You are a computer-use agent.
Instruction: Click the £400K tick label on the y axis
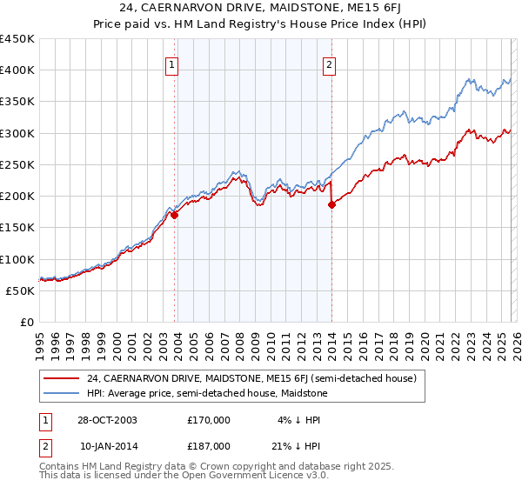point(17,70)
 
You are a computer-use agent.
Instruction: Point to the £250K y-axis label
point(17,164)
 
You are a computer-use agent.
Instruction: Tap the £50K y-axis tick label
point(21,290)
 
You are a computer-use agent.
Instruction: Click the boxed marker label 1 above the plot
point(171,63)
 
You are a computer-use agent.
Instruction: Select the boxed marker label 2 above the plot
point(330,63)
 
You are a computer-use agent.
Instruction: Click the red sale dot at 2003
point(175,215)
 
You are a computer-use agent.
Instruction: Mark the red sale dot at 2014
point(331,204)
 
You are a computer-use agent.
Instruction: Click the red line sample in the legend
point(63,378)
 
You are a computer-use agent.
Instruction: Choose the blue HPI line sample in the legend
point(63,394)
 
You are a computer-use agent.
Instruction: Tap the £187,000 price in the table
point(209,445)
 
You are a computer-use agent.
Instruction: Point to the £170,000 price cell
point(209,419)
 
